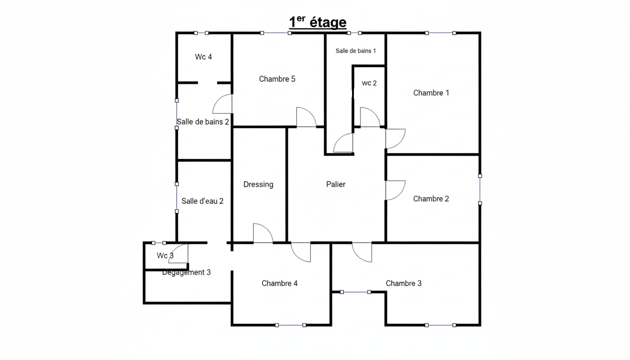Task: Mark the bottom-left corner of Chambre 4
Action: [232, 325]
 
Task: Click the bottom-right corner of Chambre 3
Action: [480, 325]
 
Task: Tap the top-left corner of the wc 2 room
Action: [353, 66]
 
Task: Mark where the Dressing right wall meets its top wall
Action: [286, 127]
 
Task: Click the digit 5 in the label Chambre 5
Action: [293, 79]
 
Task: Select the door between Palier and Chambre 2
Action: [396, 190]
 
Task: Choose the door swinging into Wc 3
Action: [178, 254]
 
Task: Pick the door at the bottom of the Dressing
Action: [263, 233]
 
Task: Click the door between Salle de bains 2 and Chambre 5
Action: [222, 104]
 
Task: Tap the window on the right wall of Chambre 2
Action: [480, 189]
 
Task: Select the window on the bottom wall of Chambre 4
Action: [291, 325]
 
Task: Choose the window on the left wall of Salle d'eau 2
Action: [177, 198]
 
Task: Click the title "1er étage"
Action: [318, 22]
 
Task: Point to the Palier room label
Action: [336, 184]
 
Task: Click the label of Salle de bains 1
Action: [356, 51]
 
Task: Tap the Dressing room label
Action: [258, 185]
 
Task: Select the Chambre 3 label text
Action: [404, 283]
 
